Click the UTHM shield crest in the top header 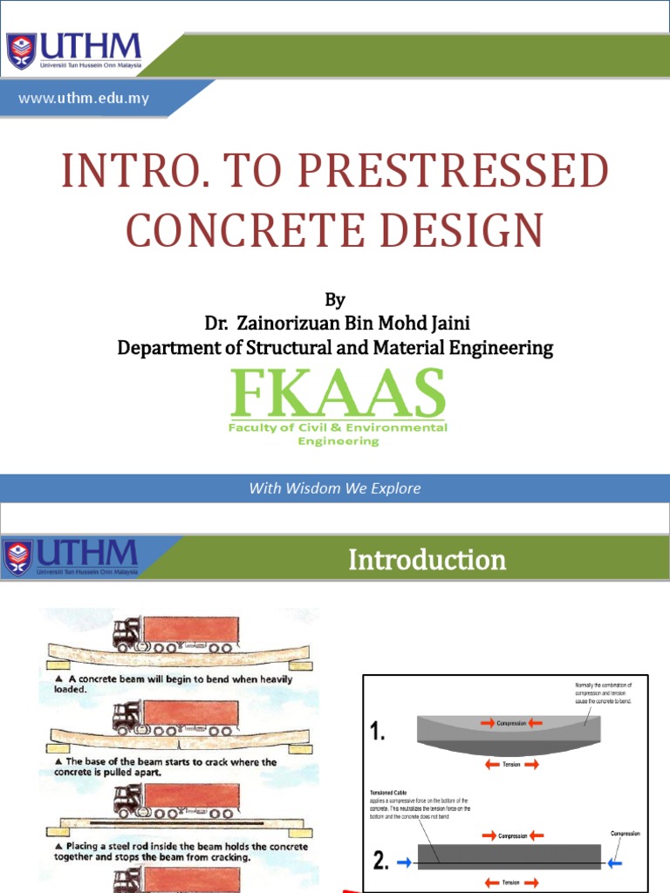click(x=22, y=51)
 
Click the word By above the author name click(x=335, y=301)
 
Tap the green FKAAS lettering click(x=337, y=394)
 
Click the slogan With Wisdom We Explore click(x=335, y=488)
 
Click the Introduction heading click(x=427, y=559)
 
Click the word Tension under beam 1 click(x=509, y=764)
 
